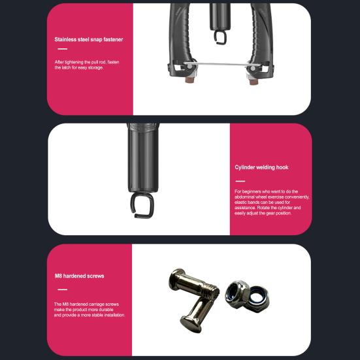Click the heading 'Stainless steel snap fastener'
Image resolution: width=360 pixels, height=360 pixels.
click(x=89, y=40)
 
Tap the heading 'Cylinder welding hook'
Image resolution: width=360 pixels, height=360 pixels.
click(x=261, y=167)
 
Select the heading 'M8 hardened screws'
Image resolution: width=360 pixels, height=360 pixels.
click(x=79, y=276)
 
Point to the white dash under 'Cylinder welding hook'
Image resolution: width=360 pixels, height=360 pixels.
click(x=240, y=181)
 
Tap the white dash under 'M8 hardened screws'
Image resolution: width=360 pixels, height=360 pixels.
click(x=62, y=289)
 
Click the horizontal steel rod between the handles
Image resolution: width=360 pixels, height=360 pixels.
click(x=219, y=64)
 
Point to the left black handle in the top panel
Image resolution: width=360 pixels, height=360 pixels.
click(x=180, y=39)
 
